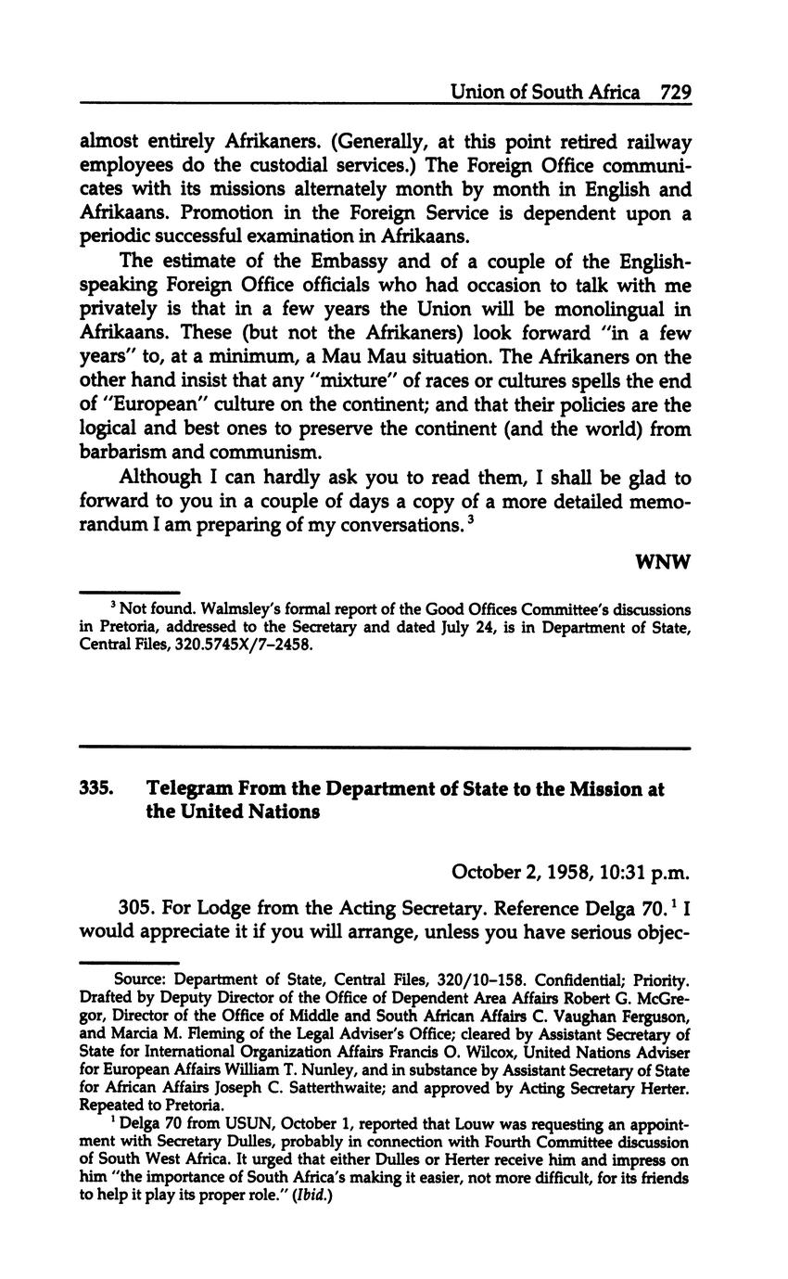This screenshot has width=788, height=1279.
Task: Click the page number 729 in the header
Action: pyautogui.click(x=676, y=92)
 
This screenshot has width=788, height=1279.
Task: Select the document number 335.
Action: pyautogui.click(x=96, y=788)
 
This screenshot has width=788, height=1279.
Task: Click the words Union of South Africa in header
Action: pyautogui.click(x=544, y=92)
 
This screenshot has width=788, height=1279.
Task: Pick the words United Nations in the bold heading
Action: pyautogui.click(x=248, y=812)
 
